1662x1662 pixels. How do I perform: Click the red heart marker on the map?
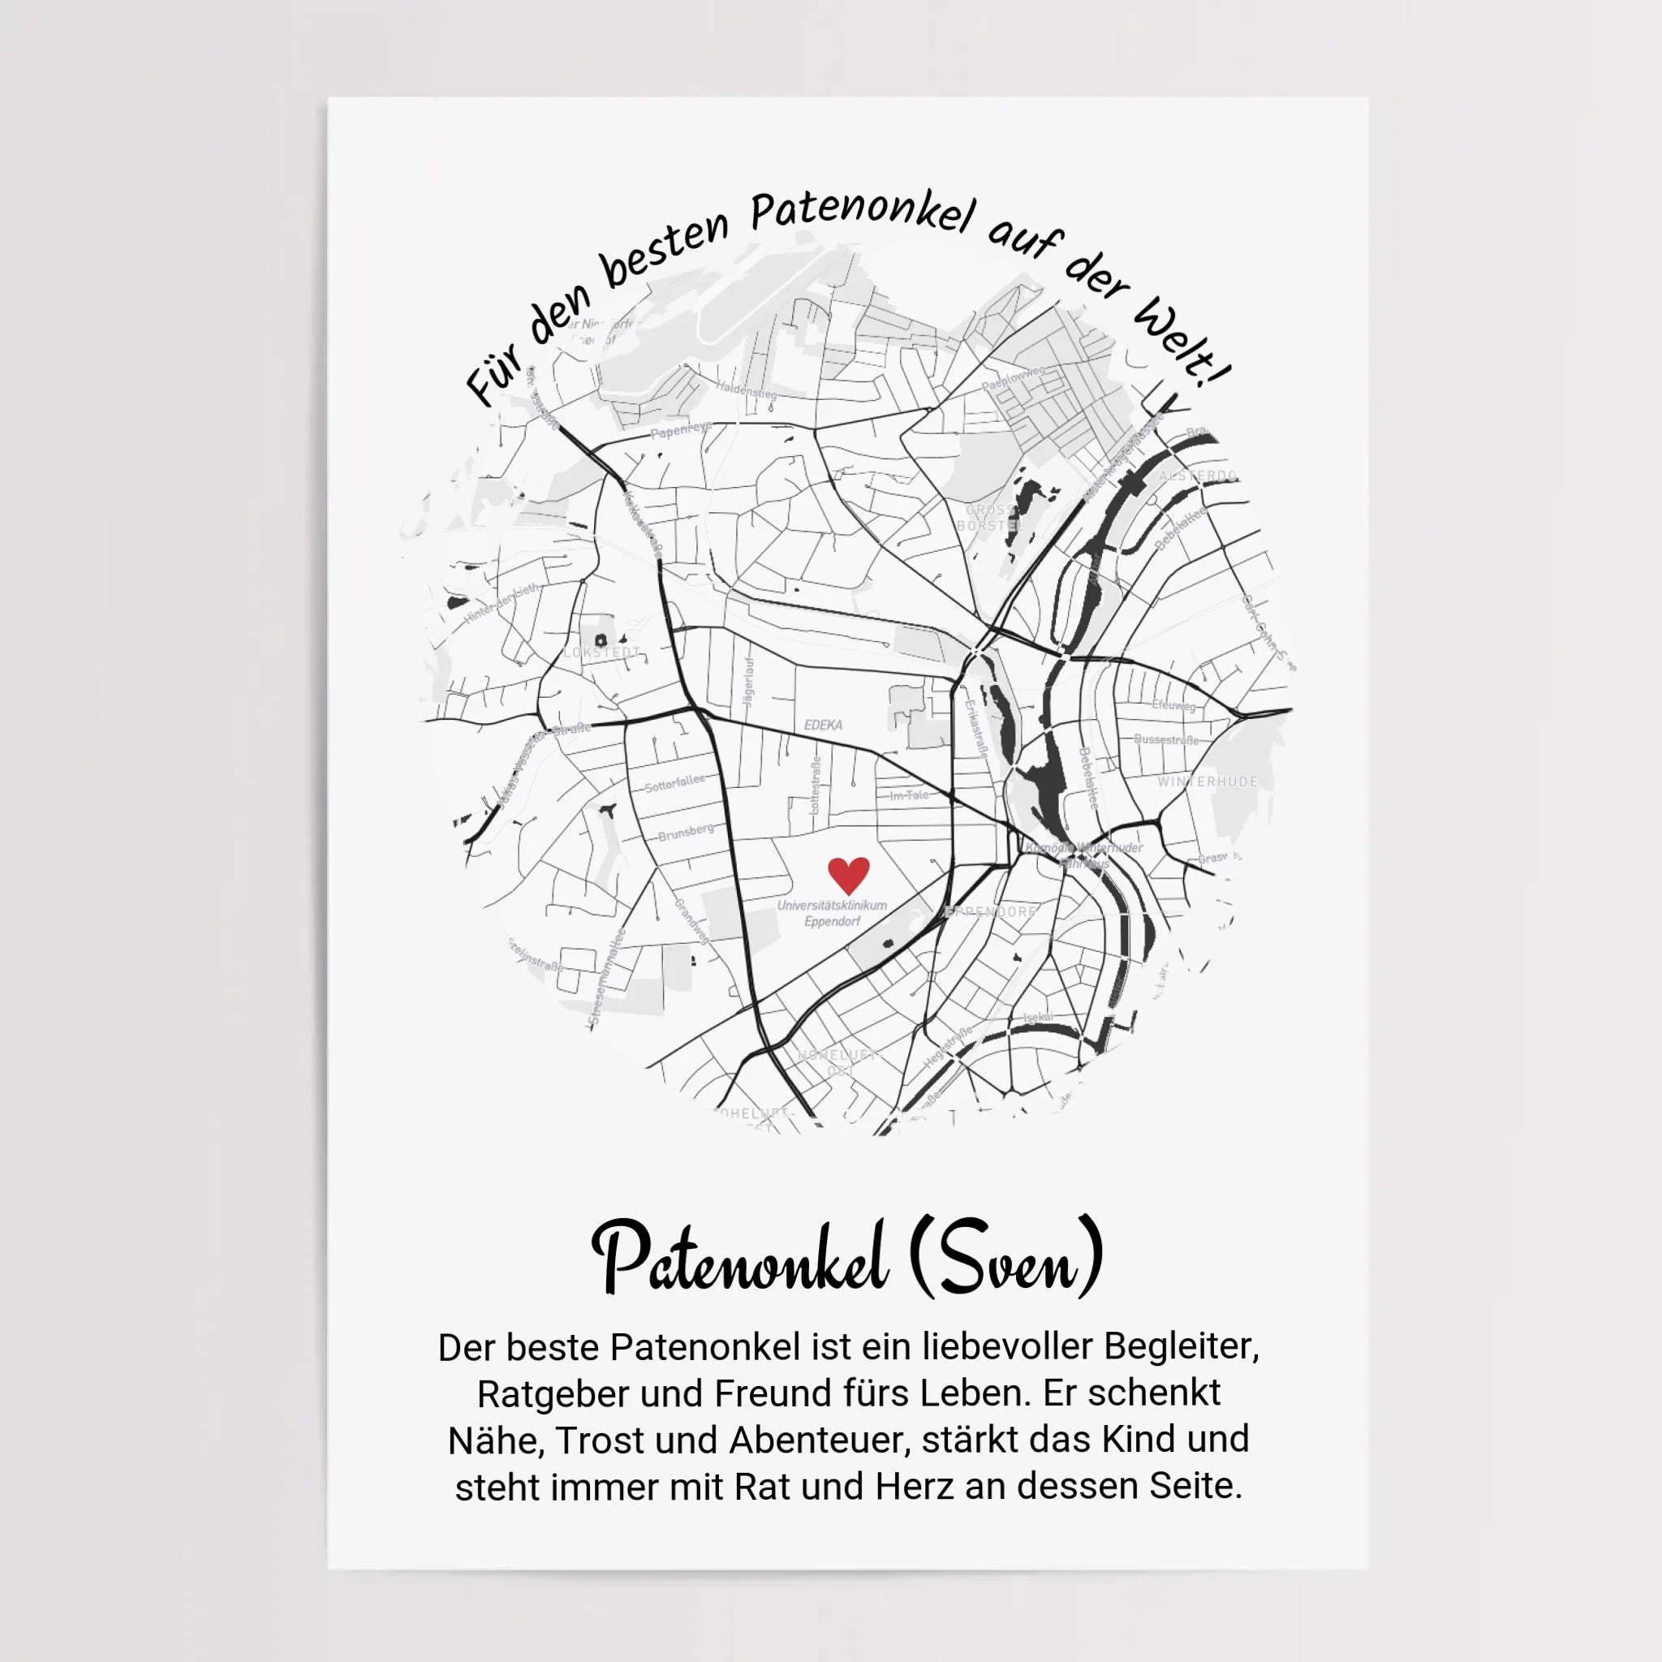[848, 875]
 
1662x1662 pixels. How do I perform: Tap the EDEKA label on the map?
[823, 726]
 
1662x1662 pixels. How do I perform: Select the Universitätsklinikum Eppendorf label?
[832, 914]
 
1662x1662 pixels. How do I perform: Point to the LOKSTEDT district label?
[602, 653]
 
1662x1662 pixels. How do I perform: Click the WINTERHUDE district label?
[1207, 782]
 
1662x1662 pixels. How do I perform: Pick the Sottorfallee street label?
[675, 783]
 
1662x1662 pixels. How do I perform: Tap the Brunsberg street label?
[686, 832]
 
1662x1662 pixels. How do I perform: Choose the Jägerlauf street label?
[748, 683]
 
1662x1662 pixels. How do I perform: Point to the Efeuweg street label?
[1173, 705]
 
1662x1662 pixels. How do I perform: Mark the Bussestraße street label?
[1165, 740]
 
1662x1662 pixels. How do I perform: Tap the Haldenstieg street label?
[746, 390]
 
